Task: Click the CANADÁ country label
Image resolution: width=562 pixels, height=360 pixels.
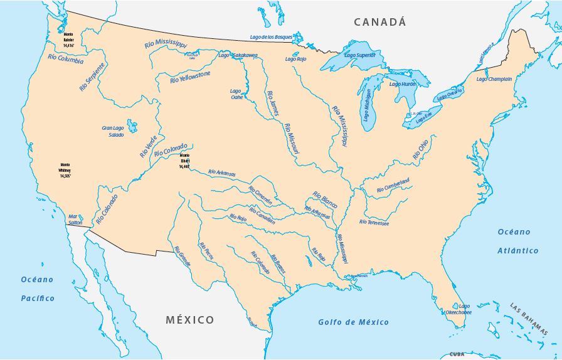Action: click(x=379, y=22)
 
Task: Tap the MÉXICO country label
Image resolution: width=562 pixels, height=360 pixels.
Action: click(x=190, y=320)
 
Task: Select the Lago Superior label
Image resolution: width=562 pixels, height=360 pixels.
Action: click(x=360, y=55)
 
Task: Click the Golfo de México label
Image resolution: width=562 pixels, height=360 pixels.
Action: click(x=353, y=322)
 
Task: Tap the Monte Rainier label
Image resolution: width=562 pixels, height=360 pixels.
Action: click(x=68, y=40)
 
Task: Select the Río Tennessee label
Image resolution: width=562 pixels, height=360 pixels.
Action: click(x=374, y=223)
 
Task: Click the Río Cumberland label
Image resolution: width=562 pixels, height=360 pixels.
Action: click(x=393, y=186)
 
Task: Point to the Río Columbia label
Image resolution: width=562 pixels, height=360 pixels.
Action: click(x=65, y=60)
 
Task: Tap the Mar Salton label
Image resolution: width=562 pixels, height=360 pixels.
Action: click(x=75, y=219)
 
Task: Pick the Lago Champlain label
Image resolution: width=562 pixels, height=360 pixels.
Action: click(x=494, y=79)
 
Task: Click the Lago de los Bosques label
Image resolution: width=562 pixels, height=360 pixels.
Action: click(x=271, y=37)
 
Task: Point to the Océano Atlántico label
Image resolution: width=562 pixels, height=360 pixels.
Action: click(x=518, y=241)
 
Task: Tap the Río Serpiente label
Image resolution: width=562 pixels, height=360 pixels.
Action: click(x=92, y=77)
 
